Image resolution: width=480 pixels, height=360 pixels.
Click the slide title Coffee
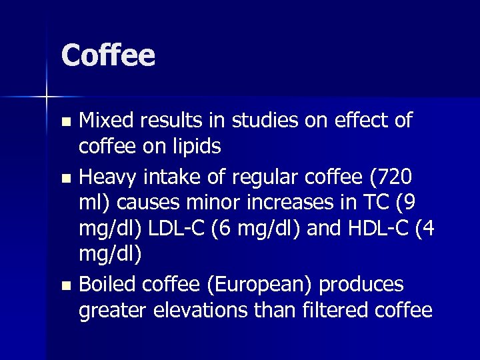coord(108,55)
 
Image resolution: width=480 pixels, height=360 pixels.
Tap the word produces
coord(361,285)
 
